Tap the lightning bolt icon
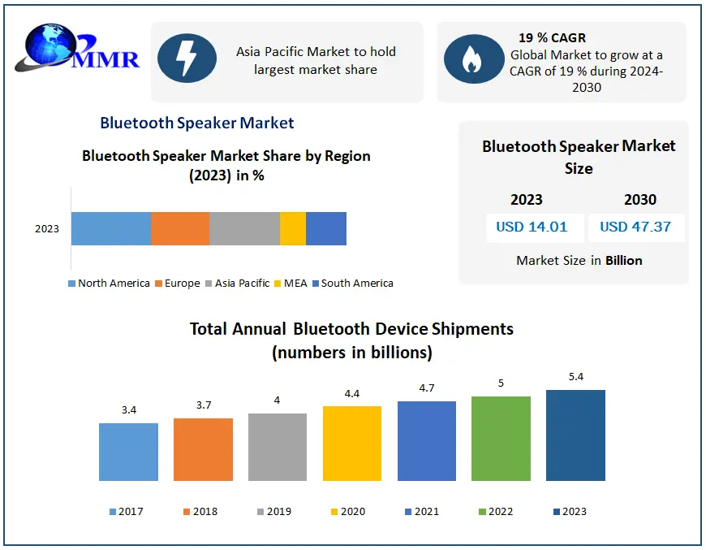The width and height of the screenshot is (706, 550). [x=187, y=59]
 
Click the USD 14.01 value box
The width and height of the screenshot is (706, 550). [x=532, y=227]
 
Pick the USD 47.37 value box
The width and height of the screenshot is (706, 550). [x=635, y=227]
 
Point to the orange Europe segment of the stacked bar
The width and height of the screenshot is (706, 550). [x=180, y=228]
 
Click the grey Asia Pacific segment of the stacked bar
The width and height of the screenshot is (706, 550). [x=244, y=228]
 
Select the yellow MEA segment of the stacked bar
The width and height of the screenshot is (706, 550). [x=292, y=228]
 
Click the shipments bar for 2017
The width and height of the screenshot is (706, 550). [x=128, y=452]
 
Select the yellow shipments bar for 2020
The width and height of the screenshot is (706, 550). [x=352, y=444]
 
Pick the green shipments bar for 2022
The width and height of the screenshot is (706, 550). [x=501, y=439]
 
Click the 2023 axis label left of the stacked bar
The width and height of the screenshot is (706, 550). [x=47, y=229]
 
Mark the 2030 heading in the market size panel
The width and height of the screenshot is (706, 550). [x=640, y=200]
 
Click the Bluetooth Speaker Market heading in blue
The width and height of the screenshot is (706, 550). [x=197, y=123]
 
